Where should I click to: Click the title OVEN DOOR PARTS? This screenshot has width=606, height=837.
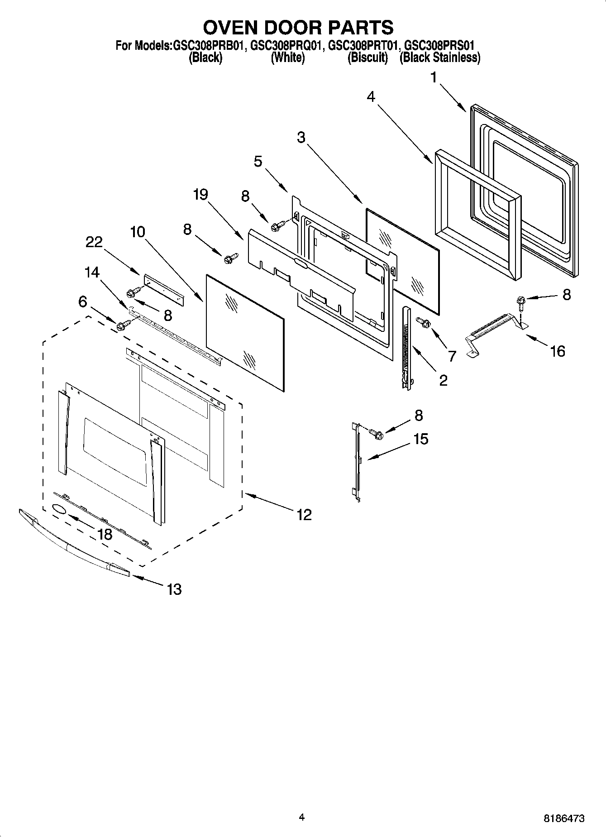coord(298,28)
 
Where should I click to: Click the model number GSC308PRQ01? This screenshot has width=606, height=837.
coord(286,45)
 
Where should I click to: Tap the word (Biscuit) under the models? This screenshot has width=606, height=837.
coord(367,58)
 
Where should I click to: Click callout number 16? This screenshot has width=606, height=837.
coord(558,351)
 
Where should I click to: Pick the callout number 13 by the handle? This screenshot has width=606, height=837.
coord(174,589)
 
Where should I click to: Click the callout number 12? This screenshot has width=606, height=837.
coord(304,514)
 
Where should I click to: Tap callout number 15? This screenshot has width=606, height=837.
coord(421,439)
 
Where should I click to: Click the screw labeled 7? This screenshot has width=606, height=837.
coord(425,322)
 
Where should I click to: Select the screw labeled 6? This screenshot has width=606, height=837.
coord(123,325)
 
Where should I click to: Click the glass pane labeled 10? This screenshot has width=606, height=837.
coord(244,330)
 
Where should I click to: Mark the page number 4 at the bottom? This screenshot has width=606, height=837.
coord(302,817)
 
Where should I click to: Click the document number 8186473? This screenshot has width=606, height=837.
coord(563,818)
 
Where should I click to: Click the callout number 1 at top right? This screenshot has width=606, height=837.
coord(434,78)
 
